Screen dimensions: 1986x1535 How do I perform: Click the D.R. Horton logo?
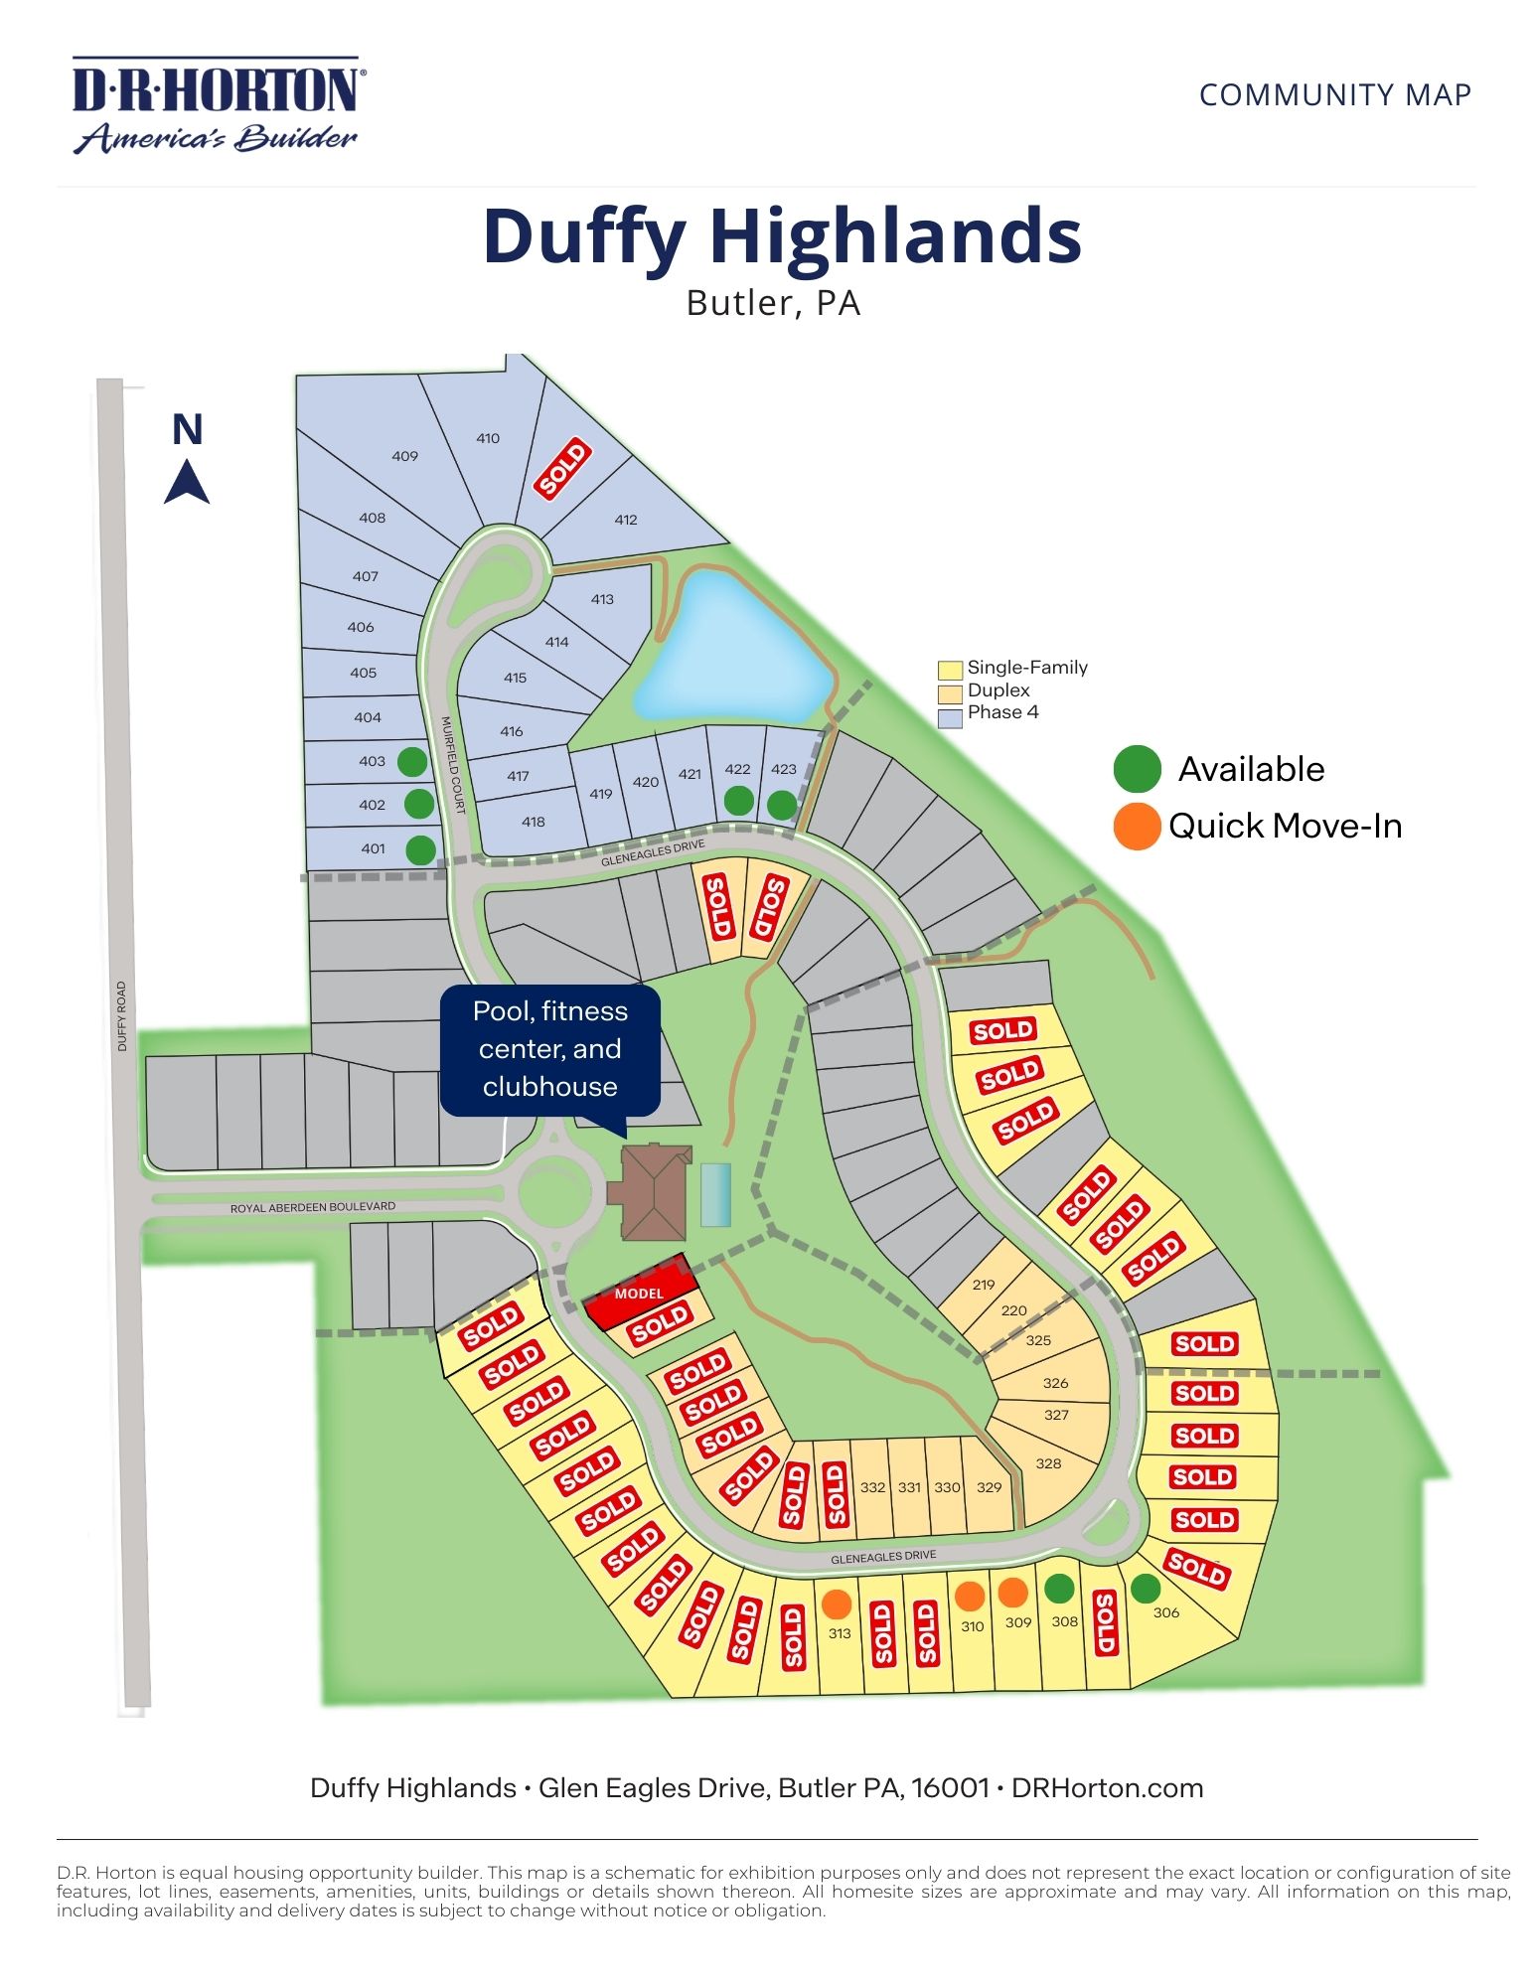(218, 104)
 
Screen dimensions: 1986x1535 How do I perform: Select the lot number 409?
(404, 456)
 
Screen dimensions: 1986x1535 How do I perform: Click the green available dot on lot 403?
(412, 762)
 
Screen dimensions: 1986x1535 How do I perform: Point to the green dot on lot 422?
(738, 800)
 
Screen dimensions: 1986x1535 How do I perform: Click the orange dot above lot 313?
(838, 1603)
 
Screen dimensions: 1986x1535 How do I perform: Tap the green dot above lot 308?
(1060, 1589)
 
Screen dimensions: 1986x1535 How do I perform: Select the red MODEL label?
(639, 1294)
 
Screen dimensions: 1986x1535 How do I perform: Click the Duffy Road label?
(122, 1016)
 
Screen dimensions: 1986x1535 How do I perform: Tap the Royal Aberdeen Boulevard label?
(313, 1207)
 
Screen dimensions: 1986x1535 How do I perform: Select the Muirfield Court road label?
(453, 765)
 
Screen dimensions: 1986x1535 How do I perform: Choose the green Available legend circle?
(1138, 769)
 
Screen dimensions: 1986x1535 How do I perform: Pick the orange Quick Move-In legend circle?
(1138, 827)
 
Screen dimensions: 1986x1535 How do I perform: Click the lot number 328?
(1048, 1463)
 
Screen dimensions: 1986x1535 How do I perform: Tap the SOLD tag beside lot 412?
(563, 469)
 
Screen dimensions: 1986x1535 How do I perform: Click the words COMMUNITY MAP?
(1334, 95)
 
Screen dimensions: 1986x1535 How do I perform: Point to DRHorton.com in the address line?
(1107, 1788)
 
